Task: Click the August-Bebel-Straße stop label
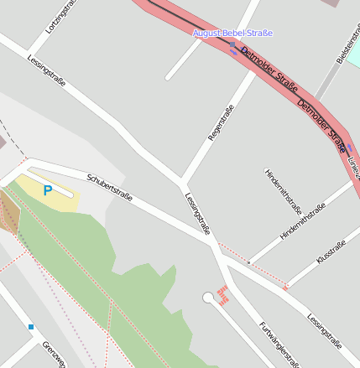(x=232, y=34)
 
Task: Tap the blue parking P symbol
(x=48, y=191)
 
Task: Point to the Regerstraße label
(x=220, y=122)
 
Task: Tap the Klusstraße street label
(x=331, y=252)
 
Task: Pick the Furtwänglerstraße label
(x=278, y=344)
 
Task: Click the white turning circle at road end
(x=208, y=298)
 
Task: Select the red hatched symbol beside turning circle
(x=223, y=294)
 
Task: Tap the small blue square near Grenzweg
(x=31, y=327)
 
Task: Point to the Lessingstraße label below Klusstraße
(x=324, y=331)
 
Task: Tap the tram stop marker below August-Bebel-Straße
(x=232, y=46)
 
